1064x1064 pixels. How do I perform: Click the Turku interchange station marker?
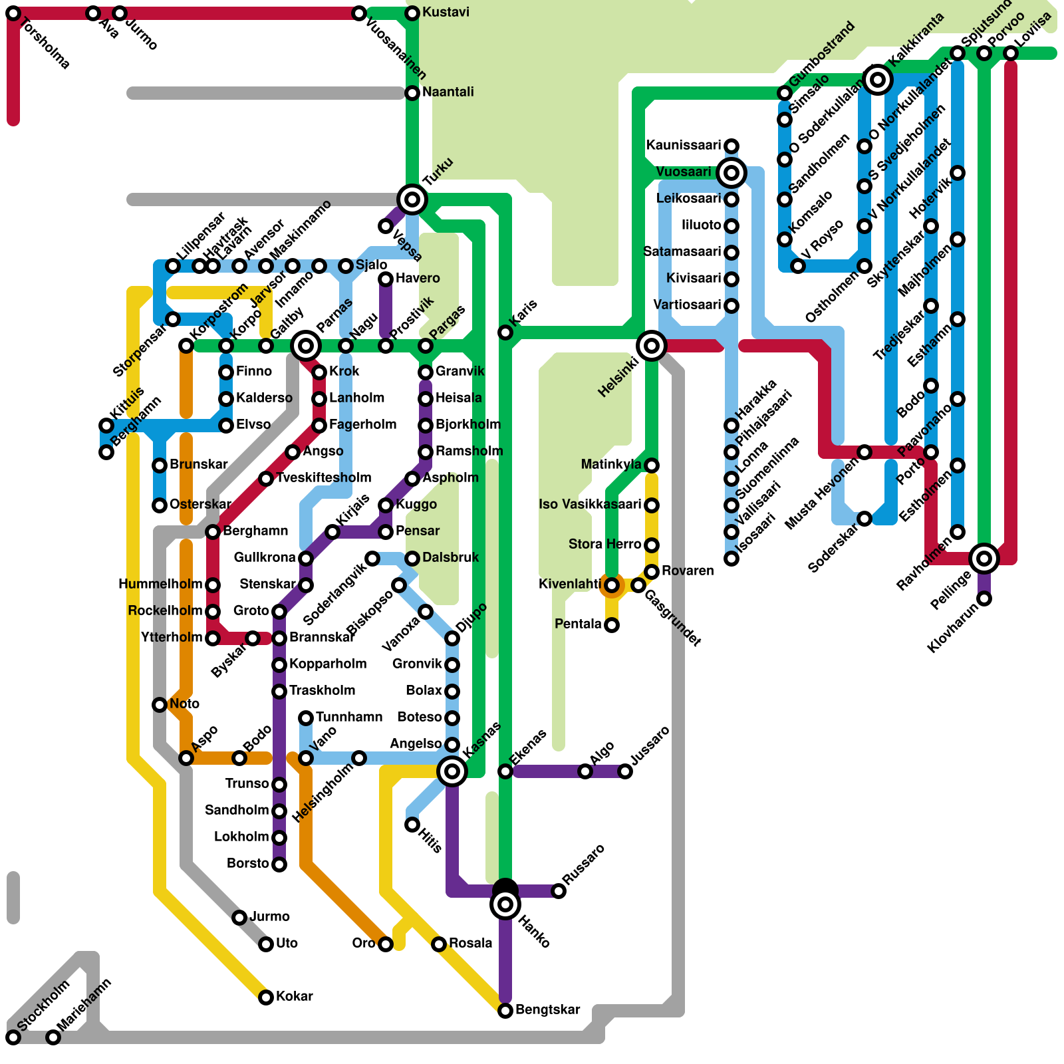click(412, 199)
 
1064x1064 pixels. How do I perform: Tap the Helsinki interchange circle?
click(651, 345)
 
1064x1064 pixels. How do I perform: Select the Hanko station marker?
click(505, 904)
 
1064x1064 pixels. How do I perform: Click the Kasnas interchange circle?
click(452, 771)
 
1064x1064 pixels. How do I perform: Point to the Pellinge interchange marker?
click(984, 558)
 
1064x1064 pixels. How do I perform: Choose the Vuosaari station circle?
click(731, 173)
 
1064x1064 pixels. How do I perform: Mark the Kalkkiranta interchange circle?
click(878, 80)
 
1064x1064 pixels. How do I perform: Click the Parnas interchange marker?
click(306, 345)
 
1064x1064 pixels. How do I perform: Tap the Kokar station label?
click(294, 996)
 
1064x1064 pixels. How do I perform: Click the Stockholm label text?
click(44, 1006)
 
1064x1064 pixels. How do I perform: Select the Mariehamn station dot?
click(53, 1037)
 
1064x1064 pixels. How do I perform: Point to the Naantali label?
click(448, 92)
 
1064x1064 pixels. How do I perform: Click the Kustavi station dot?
click(412, 13)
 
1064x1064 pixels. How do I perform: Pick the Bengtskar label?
click(547, 1009)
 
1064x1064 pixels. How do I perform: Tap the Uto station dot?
click(266, 944)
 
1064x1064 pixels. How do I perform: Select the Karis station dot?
click(505, 332)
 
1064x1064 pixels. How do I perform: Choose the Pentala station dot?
click(612, 625)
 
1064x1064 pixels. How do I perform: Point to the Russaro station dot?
click(559, 891)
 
